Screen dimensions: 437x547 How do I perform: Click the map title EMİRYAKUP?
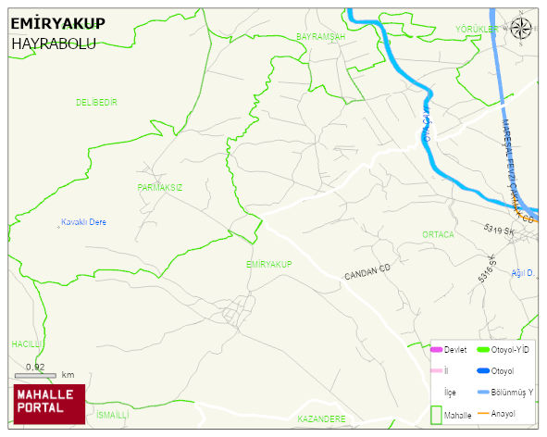57,23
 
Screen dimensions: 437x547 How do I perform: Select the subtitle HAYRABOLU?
54,44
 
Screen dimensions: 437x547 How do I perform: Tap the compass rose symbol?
522,28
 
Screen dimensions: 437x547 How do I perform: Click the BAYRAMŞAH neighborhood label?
320,36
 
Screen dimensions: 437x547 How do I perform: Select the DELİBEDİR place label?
96,102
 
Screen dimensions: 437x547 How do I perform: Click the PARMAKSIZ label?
159,187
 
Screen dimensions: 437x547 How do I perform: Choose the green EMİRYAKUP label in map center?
268,265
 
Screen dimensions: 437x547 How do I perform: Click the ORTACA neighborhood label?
438,235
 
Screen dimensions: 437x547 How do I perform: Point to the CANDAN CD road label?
368,275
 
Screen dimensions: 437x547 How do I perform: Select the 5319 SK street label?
498,228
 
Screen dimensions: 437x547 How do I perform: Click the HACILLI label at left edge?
27,343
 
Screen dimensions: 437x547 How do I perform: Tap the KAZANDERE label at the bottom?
321,419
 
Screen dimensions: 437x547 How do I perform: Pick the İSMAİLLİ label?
113,415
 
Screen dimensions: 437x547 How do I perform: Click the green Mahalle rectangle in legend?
435,414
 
